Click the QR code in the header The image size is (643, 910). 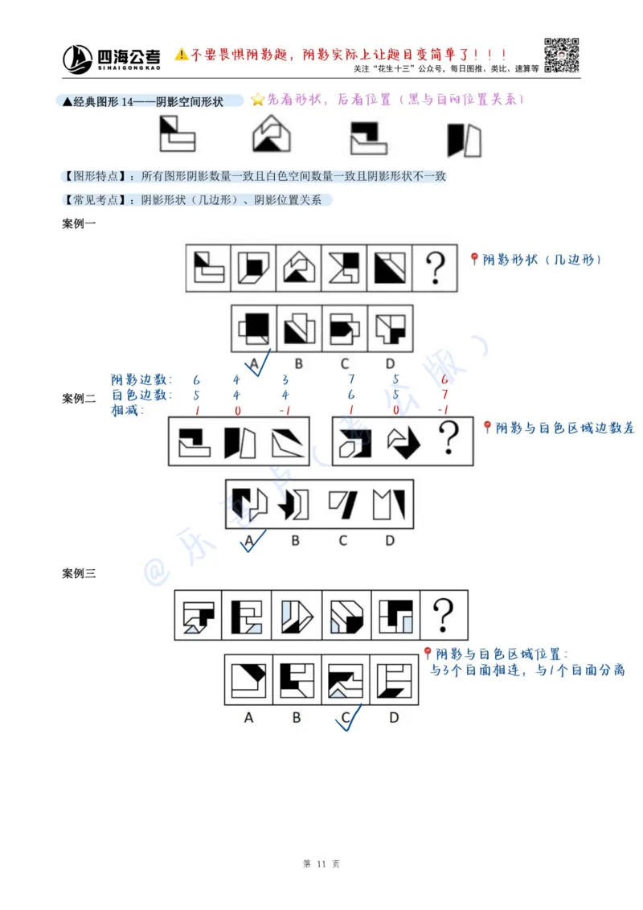coord(562,55)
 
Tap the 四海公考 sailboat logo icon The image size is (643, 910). coord(78,58)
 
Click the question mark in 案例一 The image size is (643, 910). coord(435,268)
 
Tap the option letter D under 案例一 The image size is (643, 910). coord(390,363)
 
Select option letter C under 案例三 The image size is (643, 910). coord(346,717)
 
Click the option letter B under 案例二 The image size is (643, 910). coord(295,540)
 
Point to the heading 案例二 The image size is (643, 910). coord(79,398)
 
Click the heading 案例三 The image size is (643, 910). coord(79,573)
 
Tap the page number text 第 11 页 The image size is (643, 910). coord(321,864)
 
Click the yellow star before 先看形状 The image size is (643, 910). coord(257,100)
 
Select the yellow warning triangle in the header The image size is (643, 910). coord(182,54)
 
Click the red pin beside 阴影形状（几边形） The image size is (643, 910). coord(474,259)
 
